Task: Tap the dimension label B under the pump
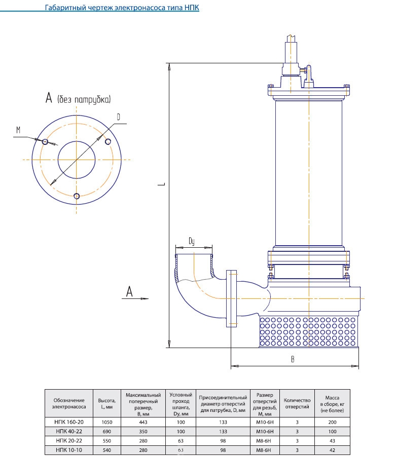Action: pos(293,359)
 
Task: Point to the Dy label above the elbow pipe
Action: pos(192,241)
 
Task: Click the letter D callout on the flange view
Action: pos(119,117)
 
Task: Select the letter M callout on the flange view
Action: pos(18,130)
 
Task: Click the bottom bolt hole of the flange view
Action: pos(77,196)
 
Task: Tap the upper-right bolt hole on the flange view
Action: pos(108,142)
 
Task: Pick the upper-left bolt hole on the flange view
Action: pos(45,142)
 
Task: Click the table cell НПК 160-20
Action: pos(69,422)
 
